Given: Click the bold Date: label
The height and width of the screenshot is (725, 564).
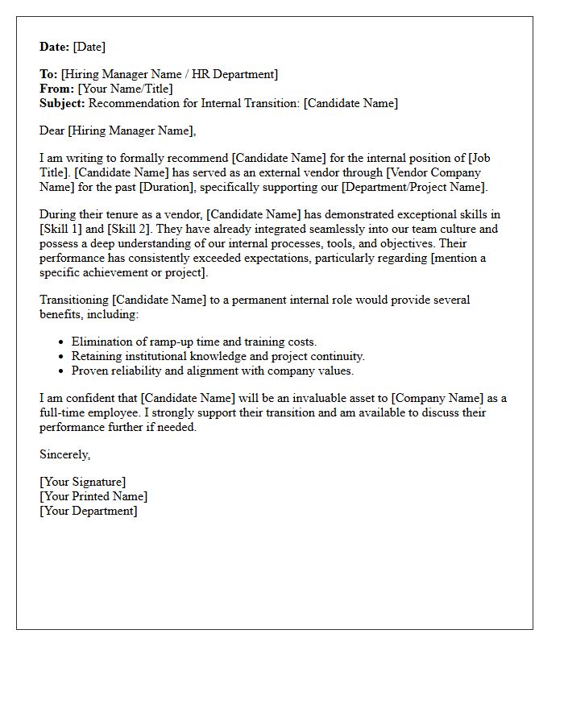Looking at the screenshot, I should pos(55,47).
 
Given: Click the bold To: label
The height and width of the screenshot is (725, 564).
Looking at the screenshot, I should pos(48,74).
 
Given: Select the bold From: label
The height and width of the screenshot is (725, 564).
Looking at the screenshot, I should pos(56,89).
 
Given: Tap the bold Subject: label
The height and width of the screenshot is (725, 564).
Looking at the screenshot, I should pos(62,103).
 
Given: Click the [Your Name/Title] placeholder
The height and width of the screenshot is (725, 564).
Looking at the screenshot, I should pos(125,89).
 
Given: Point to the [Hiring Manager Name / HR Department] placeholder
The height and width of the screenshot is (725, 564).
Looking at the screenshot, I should pos(169,74).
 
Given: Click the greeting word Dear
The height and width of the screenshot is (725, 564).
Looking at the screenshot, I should pos(52,130).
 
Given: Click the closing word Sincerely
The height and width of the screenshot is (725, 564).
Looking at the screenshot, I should pos(64,455).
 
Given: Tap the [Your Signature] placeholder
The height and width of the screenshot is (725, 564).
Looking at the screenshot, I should pos(83,483).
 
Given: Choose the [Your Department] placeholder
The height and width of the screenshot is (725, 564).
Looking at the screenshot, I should pos(89,512).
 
